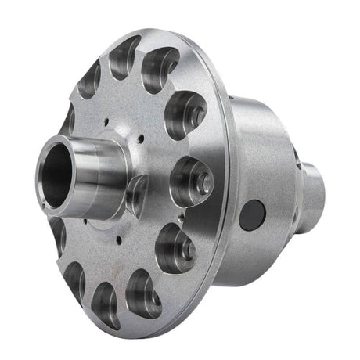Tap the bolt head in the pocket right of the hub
(x=203, y=182)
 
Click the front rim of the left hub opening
(x=42, y=168)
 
